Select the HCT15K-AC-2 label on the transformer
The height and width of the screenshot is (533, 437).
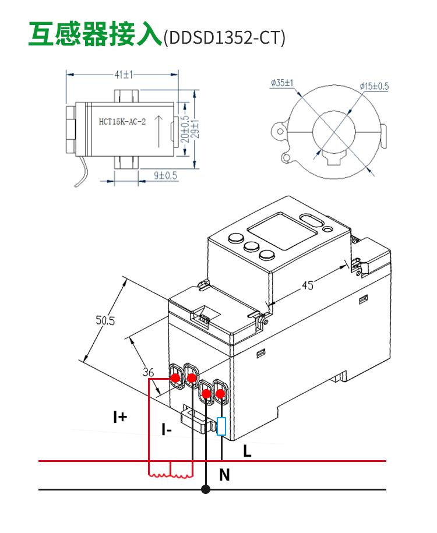[x=122, y=122]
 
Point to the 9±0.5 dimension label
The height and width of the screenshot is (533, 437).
[x=165, y=175]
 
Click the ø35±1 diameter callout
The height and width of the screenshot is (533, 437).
[x=281, y=83]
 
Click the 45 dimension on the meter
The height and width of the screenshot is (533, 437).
[x=308, y=285]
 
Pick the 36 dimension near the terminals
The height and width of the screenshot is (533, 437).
[x=148, y=371]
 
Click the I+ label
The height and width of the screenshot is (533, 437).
[x=120, y=416]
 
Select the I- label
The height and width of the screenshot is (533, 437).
[x=167, y=430]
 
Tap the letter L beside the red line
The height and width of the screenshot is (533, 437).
[x=247, y=450]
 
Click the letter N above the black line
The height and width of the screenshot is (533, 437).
[x=225, y=475]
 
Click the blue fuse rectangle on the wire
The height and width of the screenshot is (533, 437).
[x=221, y=426]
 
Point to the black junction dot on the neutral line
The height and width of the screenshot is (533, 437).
[x=205, y=489]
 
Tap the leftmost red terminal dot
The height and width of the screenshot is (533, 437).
[x=175, y=378]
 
